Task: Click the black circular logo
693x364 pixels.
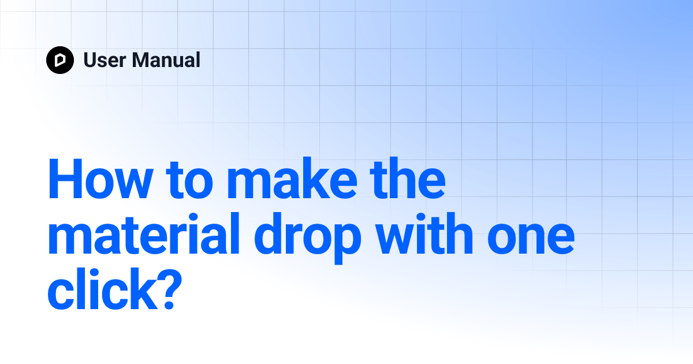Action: pyautogui.click(x=60, y=60)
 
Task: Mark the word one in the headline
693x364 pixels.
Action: pyautogui.click(x=531, y=238)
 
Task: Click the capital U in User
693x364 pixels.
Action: pyautogui.click(x=90, y=60)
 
